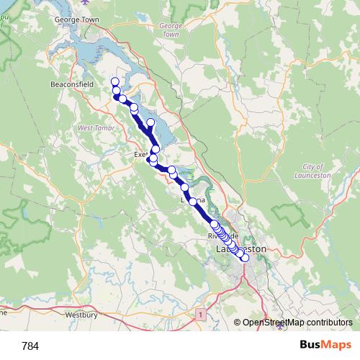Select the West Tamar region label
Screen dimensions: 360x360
click(91, 127)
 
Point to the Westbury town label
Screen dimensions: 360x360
click(81, 314)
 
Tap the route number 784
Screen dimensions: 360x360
click(31, 346)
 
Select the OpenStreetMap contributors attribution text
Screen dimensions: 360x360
click(297, 323)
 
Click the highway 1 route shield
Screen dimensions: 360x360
click(199, 315)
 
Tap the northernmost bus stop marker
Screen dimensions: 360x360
click(114, 81)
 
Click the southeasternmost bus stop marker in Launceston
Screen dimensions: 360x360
click(245, 258)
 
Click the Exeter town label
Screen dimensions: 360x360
click(141, 154)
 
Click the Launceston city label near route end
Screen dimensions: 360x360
click(241, 249)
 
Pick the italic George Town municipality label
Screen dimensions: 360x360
click(170, 30)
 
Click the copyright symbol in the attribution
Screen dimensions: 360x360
click(238, 323)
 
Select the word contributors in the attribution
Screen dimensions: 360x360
click(328, 323)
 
